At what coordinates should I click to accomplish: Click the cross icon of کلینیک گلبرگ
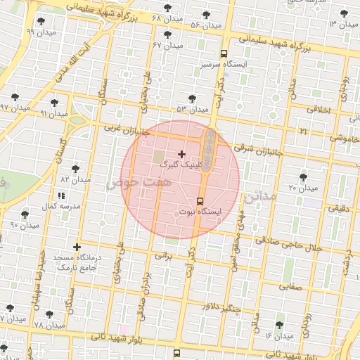pos(182,153)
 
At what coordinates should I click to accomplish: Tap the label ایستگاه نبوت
pos(200,211)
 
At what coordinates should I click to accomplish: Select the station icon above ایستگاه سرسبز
pos(224,53)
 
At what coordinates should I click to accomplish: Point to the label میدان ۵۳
pos(193,109)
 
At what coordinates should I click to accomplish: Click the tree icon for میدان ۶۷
pos(167,34)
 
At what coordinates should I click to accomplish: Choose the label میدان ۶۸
pos(166,17)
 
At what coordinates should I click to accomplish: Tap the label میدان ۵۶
pos(205,25)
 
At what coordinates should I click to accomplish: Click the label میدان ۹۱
pos(54,113)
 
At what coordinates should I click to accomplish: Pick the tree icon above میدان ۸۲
pos(75,169)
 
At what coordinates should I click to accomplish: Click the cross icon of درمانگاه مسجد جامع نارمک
pos(77,247)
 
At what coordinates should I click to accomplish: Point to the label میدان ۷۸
pos(49,326)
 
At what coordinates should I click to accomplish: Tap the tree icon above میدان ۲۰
pos(303,177)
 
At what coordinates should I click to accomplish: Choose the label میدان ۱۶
pos(279,335)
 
